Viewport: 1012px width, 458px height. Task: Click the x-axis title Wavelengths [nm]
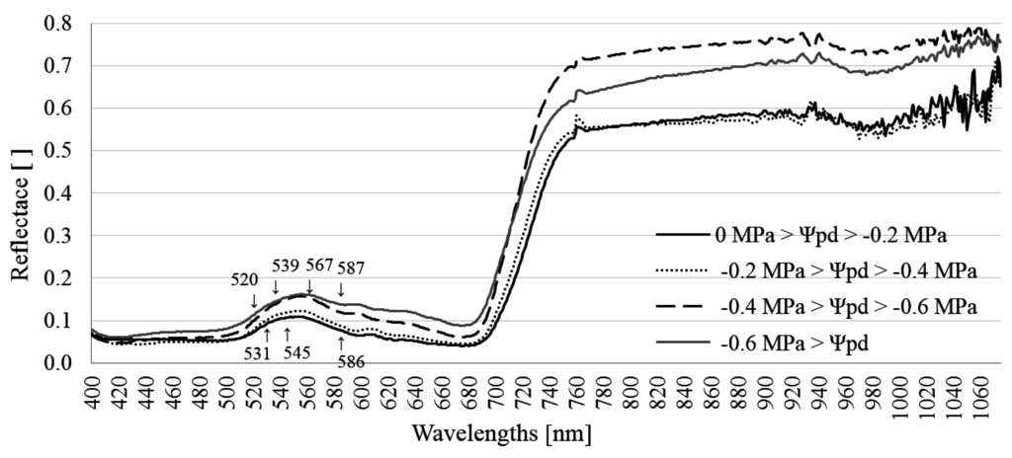[504, 433]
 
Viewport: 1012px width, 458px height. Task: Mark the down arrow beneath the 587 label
[341, 289]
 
